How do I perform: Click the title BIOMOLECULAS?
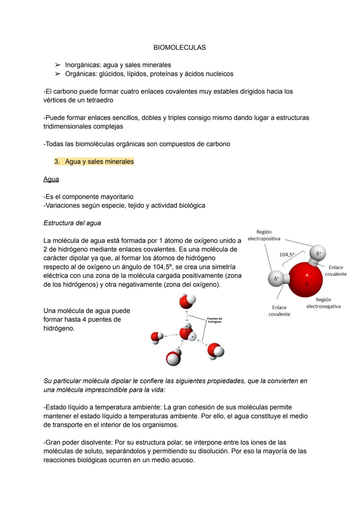[x=179, y=48]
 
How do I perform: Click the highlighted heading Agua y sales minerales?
[x=99, y=162]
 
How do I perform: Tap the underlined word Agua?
[x=51, y=179]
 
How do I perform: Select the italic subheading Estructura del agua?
[x=72, y=223]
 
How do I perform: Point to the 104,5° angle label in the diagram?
[x=287, y=255]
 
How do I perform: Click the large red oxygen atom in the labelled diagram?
[x=306, y=279]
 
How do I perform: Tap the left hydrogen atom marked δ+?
[x=276, y=278]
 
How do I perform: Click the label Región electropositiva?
[x=264, y=235]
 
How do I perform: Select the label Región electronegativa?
[x=323, y=303]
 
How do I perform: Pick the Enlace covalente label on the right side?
[x=336, y=271]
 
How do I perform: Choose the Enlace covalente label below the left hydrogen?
[x=279, y=311]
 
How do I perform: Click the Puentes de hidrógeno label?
[x=214, y=320]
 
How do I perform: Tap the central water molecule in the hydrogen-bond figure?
[x=187, y=332]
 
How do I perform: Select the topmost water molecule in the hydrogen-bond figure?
[x=187, y=301]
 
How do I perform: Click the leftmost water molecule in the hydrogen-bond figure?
[x=157, y=337]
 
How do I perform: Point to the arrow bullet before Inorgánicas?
[x=58, y=65]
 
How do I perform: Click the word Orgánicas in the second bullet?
[x=80, y=74]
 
